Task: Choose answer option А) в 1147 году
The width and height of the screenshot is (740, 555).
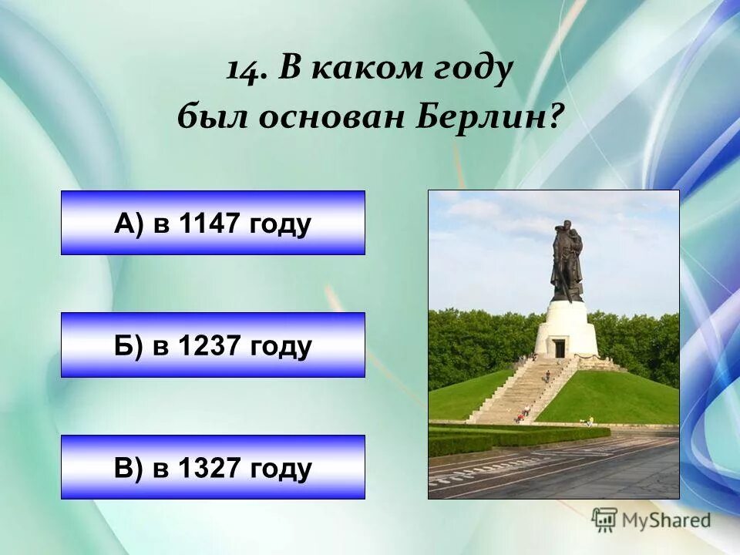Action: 213,224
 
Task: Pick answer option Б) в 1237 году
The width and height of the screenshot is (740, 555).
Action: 213,345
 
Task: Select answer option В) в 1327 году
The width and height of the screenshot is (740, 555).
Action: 213,467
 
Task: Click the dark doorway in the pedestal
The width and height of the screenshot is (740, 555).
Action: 560,348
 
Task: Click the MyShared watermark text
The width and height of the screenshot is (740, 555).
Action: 666,520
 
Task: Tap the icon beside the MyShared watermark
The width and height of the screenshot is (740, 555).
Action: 605,520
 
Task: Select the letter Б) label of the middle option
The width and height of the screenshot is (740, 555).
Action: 128,346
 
